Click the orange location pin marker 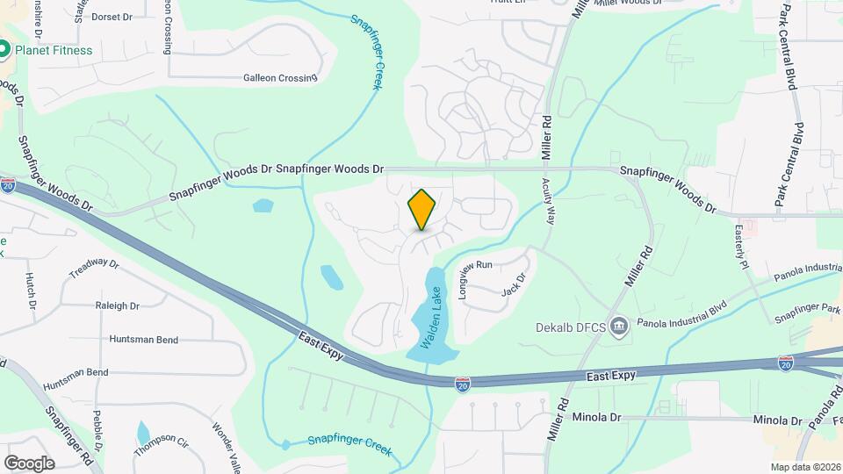tap(422, 210)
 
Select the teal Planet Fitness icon tap(4, 50)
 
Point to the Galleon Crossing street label tap(280, 78)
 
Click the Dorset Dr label tap(111, 16)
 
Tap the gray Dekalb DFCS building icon tap(620, 327)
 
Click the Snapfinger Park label tap(808, 310)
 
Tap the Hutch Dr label tap(30, 291)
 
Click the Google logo tap(29, 463)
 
